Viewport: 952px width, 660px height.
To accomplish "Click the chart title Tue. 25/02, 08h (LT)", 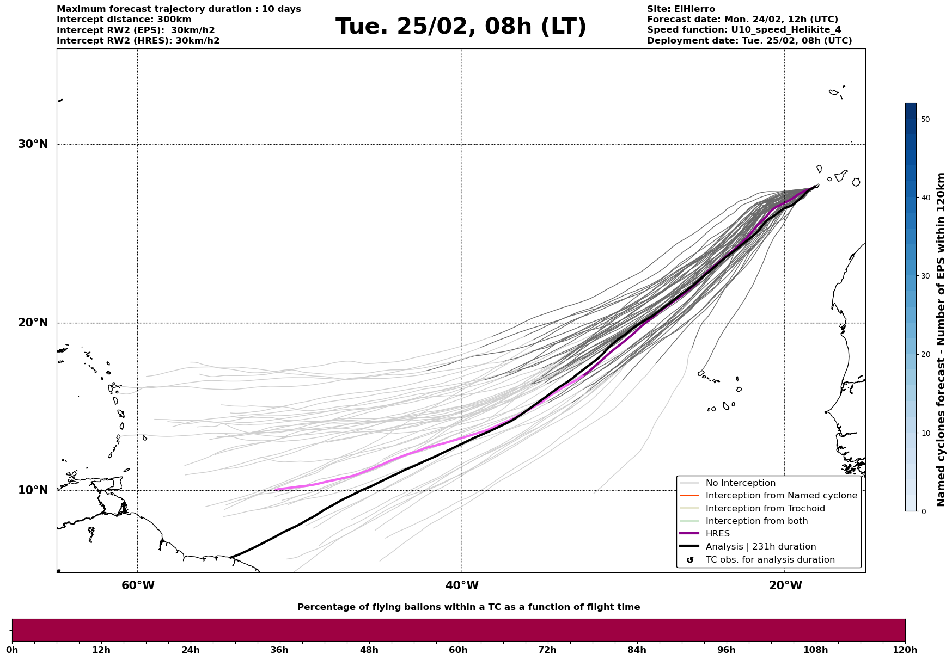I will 461,27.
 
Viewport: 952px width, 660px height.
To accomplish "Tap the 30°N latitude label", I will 33,144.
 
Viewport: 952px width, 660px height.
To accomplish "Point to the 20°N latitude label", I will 33,323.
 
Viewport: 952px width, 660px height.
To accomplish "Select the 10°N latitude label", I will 33,490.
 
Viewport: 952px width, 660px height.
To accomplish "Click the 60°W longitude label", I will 138,585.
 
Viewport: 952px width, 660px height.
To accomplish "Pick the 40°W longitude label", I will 462,585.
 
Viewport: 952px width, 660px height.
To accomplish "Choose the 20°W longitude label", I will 785,585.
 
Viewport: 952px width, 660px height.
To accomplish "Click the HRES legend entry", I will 717,534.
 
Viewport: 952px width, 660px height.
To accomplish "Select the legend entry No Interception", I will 740,483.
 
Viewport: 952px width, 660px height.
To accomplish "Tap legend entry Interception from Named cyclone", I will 781,496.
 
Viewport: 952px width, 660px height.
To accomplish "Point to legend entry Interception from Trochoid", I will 765,509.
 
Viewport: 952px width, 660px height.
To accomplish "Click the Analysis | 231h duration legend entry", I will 760,547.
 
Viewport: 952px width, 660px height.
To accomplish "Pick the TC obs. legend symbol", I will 690,560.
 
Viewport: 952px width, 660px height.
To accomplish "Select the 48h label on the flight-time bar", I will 369,650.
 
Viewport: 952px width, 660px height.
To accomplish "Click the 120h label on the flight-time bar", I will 905,650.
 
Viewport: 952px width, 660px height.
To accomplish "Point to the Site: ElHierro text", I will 681,9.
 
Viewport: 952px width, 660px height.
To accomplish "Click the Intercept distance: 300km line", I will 124,20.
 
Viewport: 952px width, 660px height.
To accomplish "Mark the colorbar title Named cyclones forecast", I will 941,340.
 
